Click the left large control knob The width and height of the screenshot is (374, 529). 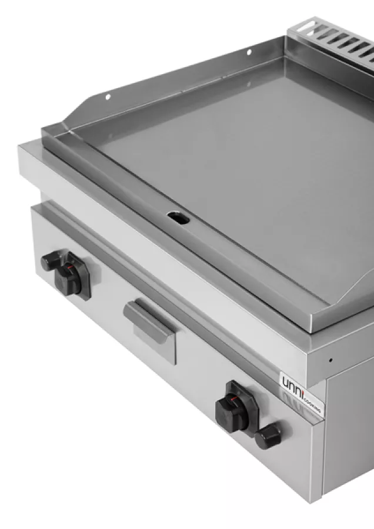[69, 278]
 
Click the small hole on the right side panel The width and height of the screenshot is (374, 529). [330, 360]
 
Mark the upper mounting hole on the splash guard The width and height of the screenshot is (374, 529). [249, 52]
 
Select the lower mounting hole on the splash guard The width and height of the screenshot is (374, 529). [108, 97]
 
